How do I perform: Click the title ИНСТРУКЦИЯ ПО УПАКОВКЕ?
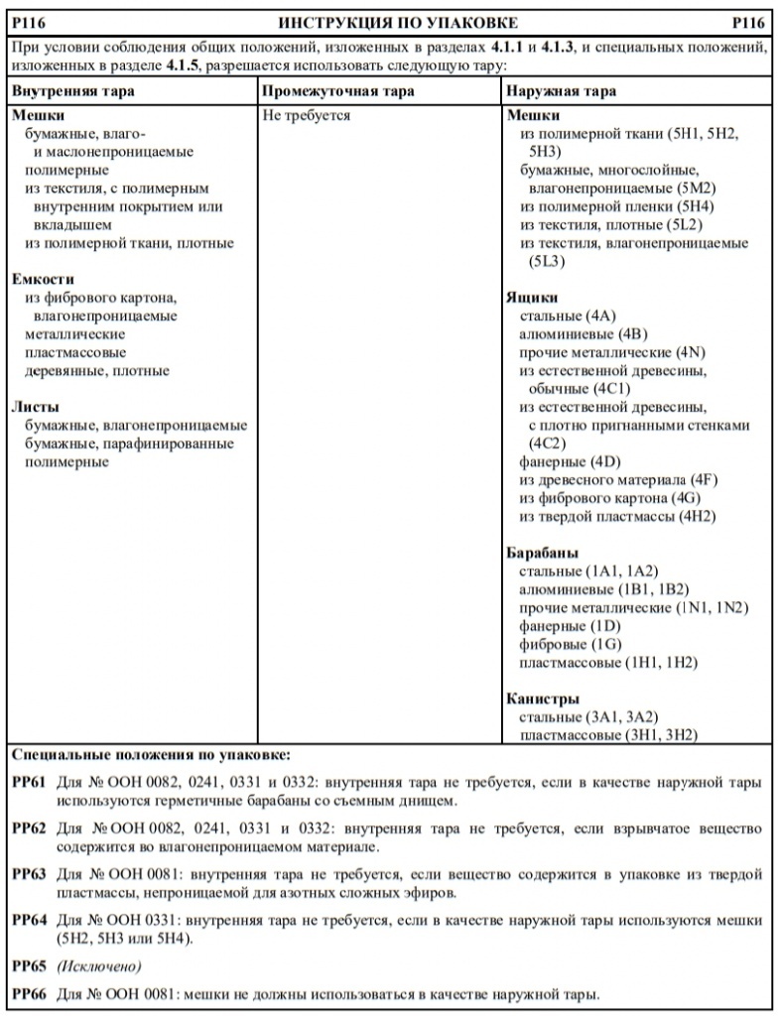pyautogui.click(x=398, y=23)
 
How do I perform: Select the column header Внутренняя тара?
pyautogui.click(x=71, y=91)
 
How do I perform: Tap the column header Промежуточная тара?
pyautogui.click(x=337, y=91)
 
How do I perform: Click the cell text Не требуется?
pyautogui.click(x=307, y=115)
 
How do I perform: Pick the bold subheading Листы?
pyautogui.click(x=35, y=407)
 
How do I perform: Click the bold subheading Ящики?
pyautogui.click(x=532, y=297)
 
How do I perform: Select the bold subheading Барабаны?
pyautogui.click(x=543, y=553)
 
